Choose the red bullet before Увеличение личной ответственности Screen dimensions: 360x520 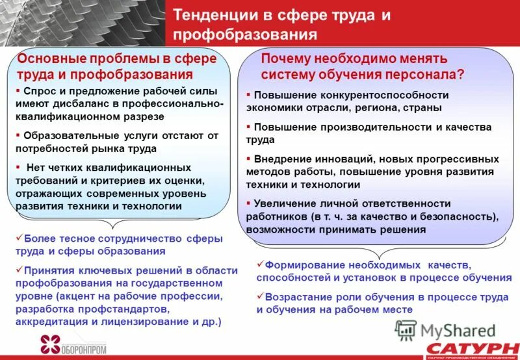(248, 203)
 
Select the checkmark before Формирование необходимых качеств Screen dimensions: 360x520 (260, 264)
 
